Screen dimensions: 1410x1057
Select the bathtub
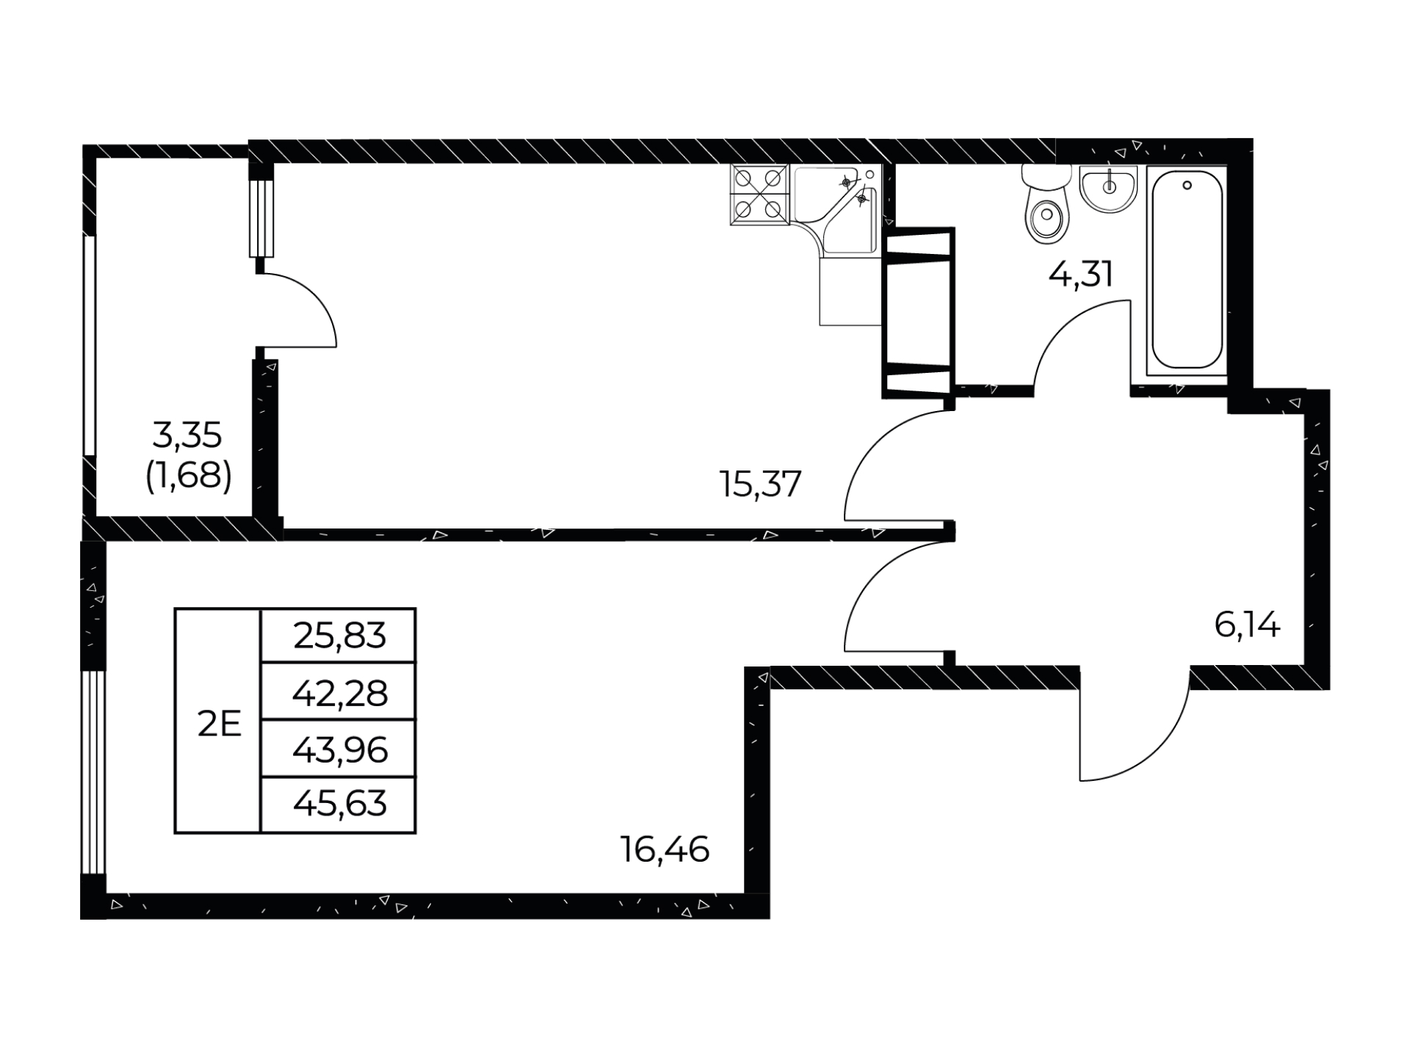tap(1187, 269)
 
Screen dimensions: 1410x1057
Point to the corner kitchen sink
tap(837, 209)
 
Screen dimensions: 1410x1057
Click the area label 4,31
tap(1081, 275)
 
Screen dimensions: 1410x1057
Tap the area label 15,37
tap(761, 484)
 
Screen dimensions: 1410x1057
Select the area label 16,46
tap(665, 849)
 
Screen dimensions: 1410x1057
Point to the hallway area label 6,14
tap(1247, 625)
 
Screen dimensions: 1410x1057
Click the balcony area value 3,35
tap(187, 436)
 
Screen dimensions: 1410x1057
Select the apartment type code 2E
tap(219, 724)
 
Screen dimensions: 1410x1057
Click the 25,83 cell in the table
tap(339, 636)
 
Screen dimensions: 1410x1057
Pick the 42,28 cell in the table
tap(339, 692)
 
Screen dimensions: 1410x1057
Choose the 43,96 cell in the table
tap(339, 749)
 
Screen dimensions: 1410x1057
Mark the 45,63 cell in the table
tap(339, 804)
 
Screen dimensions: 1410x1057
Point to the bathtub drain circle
tap(1187, 186)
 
